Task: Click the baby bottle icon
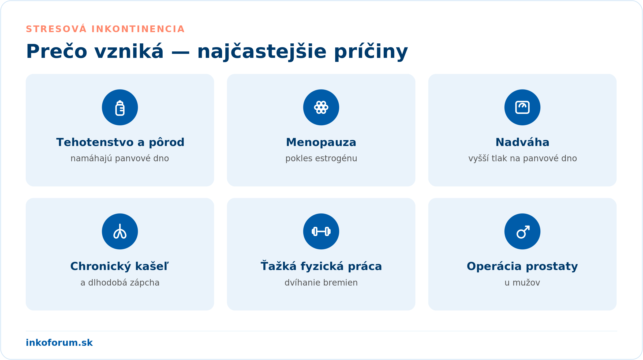pyautogui.click(x=120, y=108)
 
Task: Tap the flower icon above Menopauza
pyautogui.click(x=321, y=107)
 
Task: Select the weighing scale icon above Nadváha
pyautogui.click(x=522, y=107)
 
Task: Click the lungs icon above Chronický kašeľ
pyautogui.click(x=120, y=231)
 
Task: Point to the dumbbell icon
pyautogui.click(x=321, y=231)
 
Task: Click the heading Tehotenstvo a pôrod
pyautogui.click(x=120, y=142)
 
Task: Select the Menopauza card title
pyautogui.click(x=321, y=142)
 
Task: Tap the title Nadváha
pyautogui.click(x=522, y=142)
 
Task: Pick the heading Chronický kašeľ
pyautogui.click(x=119, y=267)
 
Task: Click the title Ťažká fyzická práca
pyautogui.click(x=321, y=266)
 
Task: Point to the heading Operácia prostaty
pyautogui.click(x=522, y=267)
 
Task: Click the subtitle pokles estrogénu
pyautogui.click(x=321, y=159)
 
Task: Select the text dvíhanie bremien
pyautogui.click(x=321, y=283)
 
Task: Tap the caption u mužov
pyautogui.click(x=522, y=283)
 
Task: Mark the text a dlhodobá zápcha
pyautogui.click(x=120, y=283)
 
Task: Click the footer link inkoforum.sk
pyautogui.click(x=59, y=343)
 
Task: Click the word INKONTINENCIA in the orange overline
pyautogui.click(x=138, y=29)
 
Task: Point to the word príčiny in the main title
pyautogui.click(x=371, y=51)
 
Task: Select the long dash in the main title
pyautogui.click(x=180, y=52)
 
